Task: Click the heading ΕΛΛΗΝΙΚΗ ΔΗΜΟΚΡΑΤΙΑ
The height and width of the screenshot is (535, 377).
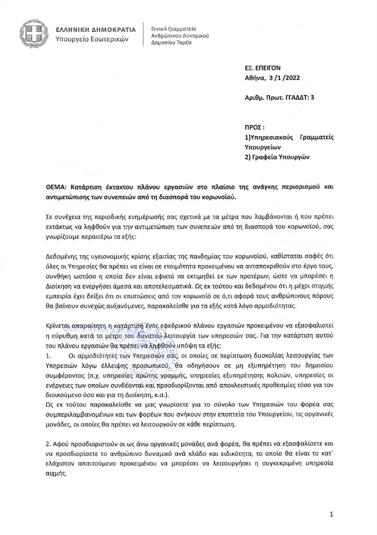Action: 96,30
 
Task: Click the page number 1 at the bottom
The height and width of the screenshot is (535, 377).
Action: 332,514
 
